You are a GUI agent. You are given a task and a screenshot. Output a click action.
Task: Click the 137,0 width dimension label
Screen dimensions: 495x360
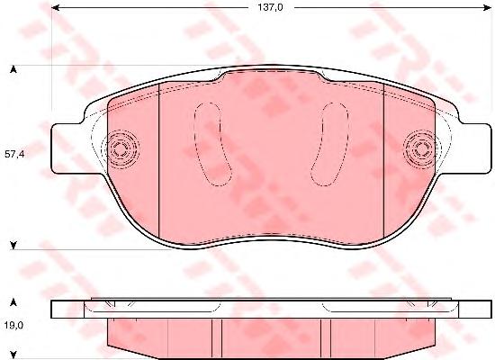(x=271, y=7)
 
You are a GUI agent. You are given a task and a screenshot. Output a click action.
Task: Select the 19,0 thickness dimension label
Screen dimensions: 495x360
(x=13, y=325)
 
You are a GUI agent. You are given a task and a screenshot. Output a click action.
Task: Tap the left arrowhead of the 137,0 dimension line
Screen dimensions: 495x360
(x=55, y=7)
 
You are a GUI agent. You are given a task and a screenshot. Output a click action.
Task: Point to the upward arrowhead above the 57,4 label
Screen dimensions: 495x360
(x=13, y=69)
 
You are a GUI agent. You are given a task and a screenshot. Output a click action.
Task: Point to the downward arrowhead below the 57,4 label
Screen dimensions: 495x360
(x=13, y=245)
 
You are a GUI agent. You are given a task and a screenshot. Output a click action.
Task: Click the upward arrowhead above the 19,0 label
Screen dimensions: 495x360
(x=13, y=302)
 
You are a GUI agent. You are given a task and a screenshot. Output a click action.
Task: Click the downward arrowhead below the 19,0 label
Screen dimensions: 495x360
(x=13, y=354)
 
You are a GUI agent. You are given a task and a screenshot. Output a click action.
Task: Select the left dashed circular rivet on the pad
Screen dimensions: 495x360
(x=121, y=148)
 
